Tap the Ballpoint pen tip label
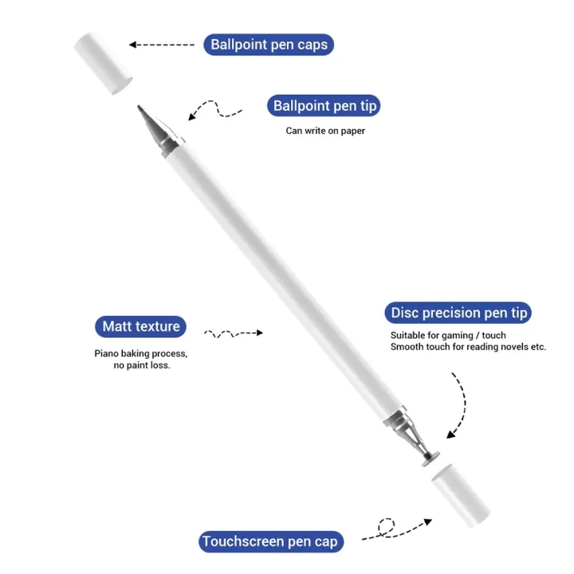325,105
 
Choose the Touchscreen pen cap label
271,542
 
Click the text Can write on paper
325,131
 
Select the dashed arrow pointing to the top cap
162,45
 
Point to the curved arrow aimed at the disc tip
458,407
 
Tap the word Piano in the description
107,353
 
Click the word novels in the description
513,347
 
